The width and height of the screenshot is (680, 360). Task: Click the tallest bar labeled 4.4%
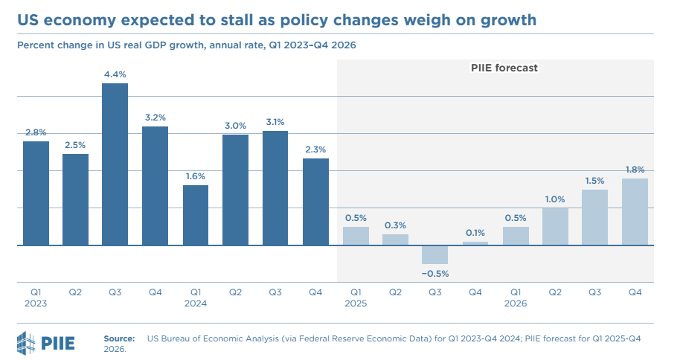115,164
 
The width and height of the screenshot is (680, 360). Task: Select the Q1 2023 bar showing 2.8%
36,193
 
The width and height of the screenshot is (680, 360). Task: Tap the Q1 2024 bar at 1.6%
196,215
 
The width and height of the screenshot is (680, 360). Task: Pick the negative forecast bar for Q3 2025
435,254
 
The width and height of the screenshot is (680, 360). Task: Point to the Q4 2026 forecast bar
635,211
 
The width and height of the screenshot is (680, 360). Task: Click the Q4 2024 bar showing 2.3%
315,202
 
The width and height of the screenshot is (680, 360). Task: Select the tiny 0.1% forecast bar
475,243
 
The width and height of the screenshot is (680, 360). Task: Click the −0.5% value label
435,273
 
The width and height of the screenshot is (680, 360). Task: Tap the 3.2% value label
155,117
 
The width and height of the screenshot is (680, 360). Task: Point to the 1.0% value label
555,199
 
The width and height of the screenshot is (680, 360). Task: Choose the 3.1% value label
275,122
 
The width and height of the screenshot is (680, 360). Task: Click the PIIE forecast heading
504,68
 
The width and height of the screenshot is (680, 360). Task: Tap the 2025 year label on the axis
356,303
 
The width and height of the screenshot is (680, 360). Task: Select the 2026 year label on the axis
515,303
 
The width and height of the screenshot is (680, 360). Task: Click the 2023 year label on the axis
36,303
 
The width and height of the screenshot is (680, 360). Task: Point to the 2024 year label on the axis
196,303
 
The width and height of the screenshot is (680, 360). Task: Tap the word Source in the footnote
119,338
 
